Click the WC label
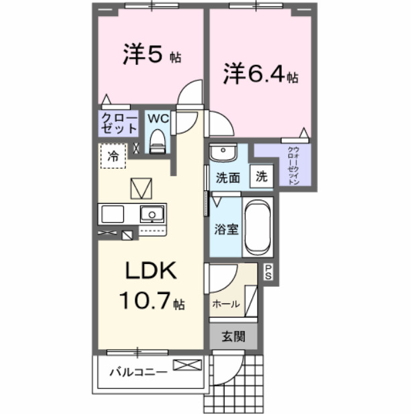(158, 119)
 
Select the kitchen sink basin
(152, 214)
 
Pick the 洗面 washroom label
(228, 178)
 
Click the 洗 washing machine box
(261, 178)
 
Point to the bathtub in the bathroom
(257, 228)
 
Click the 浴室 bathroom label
(227, 229)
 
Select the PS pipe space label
(268, 271)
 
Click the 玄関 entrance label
(233, 336)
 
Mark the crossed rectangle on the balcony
(187, 365)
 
